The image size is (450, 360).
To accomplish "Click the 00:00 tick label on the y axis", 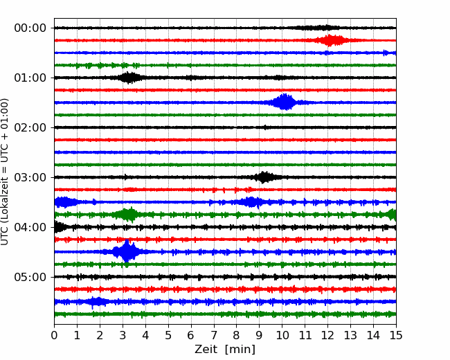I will click(x=29, y=28).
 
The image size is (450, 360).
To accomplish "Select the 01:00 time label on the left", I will click(x=29, y=78).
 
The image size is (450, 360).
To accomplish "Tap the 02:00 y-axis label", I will click(x=29, y=127).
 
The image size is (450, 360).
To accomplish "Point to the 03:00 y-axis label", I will click(x=29, y=177).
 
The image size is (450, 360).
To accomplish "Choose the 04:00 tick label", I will click(x=29, y=227).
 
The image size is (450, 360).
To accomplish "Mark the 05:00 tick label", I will click(x=29, y=277).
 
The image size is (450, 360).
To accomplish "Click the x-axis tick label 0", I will click(x=55, y=336).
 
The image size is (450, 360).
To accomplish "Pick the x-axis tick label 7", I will click(x=214, y=336).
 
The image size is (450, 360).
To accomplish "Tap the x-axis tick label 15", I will click(x=395, y=336).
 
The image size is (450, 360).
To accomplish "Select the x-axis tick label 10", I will click(x=282, y=336).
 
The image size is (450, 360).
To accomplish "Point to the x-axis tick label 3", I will click(x=123, y=336).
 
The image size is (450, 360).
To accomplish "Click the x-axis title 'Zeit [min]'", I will click(x=224, y=350).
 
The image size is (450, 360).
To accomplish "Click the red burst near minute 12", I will click(x=333, y=40).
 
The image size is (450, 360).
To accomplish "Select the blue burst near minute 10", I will click(x=285, y=102).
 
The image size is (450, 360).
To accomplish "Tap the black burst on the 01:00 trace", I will click(x=129, y=78).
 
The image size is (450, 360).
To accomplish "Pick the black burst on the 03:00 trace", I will click(x=264, y=177).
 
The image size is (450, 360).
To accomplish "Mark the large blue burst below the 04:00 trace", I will click(x=127, y=252).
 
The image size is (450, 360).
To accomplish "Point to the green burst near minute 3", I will click(x=128, y=215).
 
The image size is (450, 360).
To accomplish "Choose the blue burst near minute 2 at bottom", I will click(x=98, y=302).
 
